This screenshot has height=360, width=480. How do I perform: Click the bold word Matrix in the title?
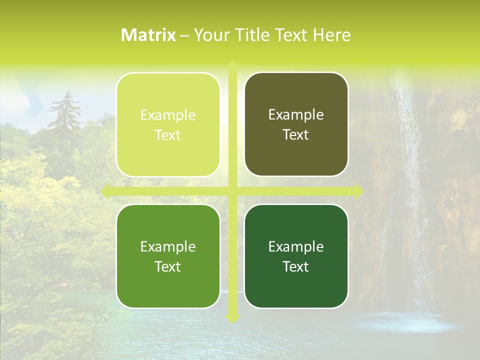(x=148, y=35)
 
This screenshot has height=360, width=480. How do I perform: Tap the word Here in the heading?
(x=332, y=35)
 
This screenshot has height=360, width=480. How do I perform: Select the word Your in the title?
(x=210, y=35)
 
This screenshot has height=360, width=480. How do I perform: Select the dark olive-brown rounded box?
(x=296, y=155)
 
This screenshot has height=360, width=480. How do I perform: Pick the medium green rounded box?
(x=168, y=287)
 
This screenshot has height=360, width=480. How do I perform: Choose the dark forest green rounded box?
(x=296, y=287)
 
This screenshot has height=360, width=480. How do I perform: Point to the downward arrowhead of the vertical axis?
(x=232, y=318)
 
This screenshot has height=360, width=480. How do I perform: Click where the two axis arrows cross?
(x=232, y=191)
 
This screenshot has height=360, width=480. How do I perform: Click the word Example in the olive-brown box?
(x=296, y=115)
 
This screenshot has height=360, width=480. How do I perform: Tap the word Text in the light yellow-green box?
(x=168, y=135)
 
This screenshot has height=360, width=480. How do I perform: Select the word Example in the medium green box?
(x=168, y=246)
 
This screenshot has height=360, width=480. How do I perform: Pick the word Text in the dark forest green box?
(x=296, y=266)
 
